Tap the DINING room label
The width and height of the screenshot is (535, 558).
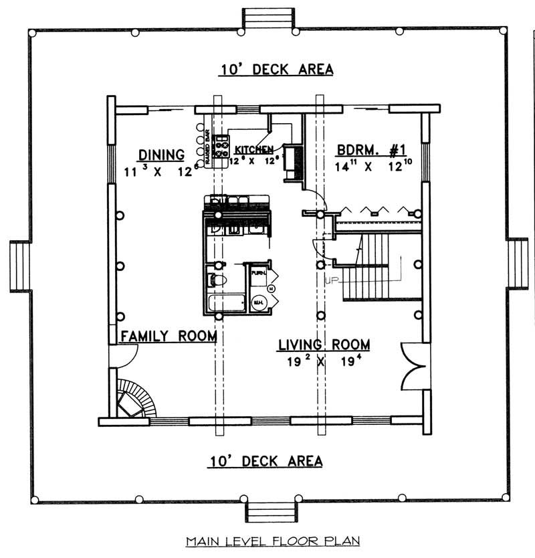(161, 155)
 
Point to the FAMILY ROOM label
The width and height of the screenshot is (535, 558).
(168, 336)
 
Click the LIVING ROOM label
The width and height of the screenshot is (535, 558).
(324, 345)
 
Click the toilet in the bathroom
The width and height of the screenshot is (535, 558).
(217, 280)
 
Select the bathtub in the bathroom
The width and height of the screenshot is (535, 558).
(225, 303)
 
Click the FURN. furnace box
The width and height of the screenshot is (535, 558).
(258, 273)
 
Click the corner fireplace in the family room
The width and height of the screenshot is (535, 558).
(135, 399)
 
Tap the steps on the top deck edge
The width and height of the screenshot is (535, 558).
(267, 19)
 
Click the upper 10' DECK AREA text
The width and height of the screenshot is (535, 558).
(276, 69)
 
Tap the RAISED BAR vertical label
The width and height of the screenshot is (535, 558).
(208, 149)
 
